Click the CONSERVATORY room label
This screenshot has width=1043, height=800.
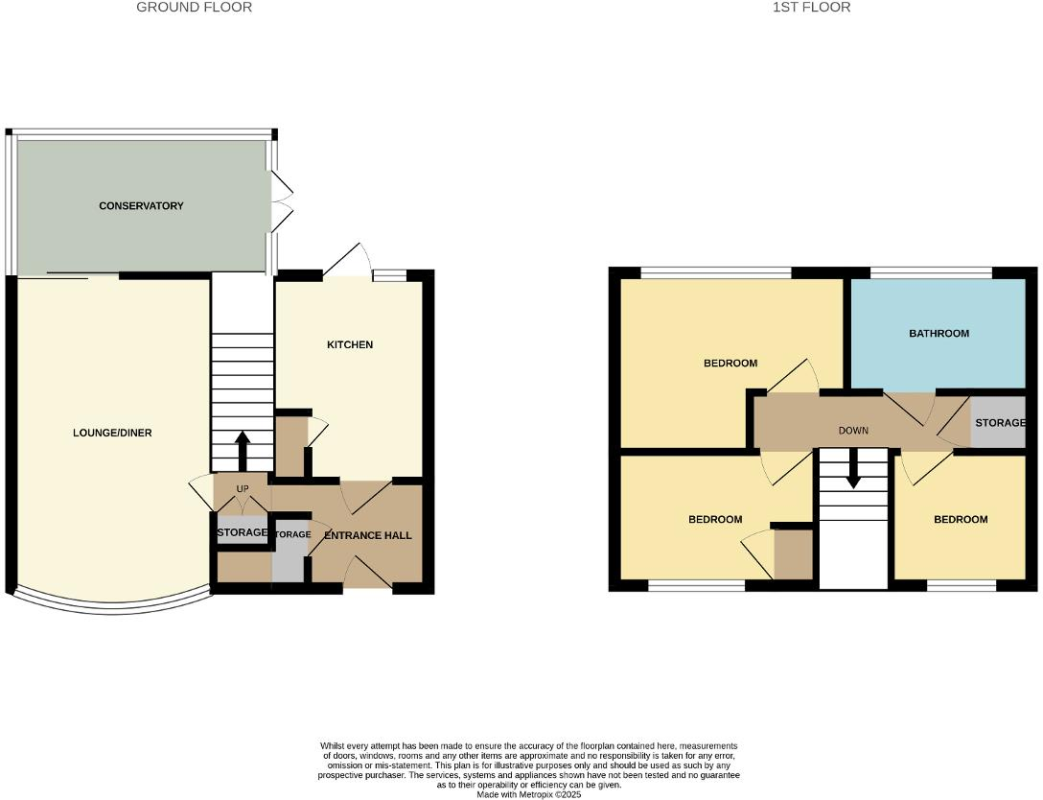[141, 206]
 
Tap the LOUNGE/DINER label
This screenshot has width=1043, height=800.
[112, 434]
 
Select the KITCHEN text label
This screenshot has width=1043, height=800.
[350, 345]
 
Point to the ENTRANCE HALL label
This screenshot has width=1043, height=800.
[367, 535]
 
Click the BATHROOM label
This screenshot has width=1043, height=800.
[939, 334]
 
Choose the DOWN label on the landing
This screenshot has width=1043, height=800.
[853, 431]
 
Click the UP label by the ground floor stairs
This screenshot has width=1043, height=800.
[242, 489]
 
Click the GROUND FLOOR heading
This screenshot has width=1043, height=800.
[195, 8]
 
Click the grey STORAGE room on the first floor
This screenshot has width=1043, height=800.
[997, 423]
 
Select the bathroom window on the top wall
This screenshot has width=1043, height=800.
[930, 273]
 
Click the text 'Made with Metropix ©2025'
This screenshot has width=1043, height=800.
[528, 793]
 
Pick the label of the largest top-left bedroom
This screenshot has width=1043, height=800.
[730, 364]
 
